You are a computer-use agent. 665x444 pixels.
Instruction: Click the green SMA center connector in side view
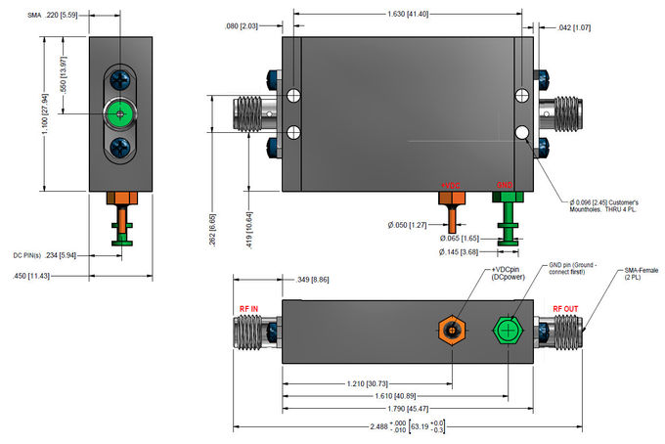[x=120, y=113]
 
